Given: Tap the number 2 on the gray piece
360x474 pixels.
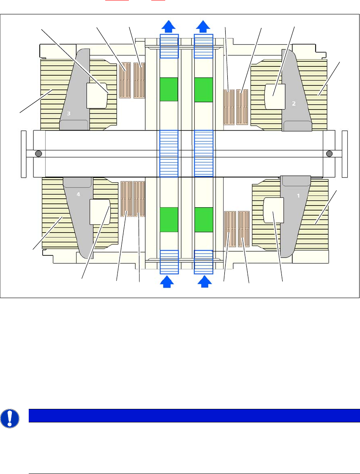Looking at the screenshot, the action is click(294, 103).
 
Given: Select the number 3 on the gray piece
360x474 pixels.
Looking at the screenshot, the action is click(68, 113).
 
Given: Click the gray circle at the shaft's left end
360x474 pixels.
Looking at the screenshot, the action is click(38, 153).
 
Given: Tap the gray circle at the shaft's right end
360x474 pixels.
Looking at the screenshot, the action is click(330, 153).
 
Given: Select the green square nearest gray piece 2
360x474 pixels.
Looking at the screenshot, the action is click(203, 89).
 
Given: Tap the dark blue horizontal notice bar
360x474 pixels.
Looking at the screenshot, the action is click(194, 415).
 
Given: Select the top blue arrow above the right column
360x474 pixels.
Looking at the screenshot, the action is click(203, 26).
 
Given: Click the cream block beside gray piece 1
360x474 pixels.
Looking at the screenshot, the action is click(273, 210).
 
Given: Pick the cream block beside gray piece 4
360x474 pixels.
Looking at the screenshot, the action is click(100, 211).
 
